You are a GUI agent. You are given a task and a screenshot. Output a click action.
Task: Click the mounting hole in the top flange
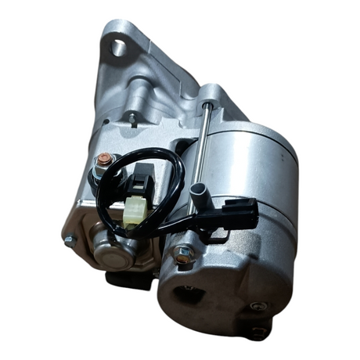[x=119, y=48]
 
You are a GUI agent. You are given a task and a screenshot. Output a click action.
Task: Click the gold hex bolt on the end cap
[x=183, y=254]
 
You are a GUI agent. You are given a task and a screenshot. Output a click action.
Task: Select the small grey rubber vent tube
[x=200, y=192]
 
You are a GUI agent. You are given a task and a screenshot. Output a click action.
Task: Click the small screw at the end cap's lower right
[x=257, y=305]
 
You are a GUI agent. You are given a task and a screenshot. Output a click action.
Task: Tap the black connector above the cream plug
[x=141, y=185]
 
